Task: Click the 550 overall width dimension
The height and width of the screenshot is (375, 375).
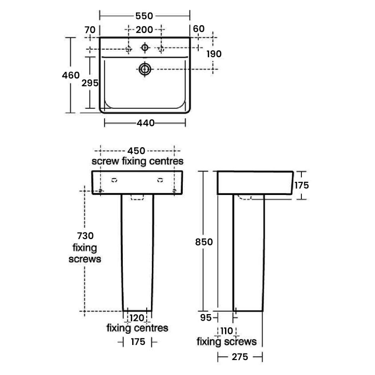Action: pyautogui.click(x=144, y=16)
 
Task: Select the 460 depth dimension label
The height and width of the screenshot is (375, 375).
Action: pyautogui.click(x=73, y=75)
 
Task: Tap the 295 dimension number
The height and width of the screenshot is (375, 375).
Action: pyautogui.click(x=90, y=83)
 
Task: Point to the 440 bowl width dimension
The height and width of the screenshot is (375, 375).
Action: pyautogui.click(x=145, y=123)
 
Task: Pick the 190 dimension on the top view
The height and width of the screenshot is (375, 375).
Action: pyautogui.click(x=214, y=53)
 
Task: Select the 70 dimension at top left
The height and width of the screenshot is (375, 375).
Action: pyautogui.click(x=90, y=30)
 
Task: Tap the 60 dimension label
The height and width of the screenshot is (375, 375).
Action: pyautogui.click(x=199, y=29)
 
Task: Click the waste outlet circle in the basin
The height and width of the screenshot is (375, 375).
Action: pyautogui.click(x=145, y=69)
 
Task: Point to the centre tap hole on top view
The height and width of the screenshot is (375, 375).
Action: pyautogui.click(x=145, y=47)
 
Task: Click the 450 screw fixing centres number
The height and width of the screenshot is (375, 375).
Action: pyautogui.click(x=137, y=150)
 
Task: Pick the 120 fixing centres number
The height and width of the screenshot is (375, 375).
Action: pyautogui.click(x=137, y=318)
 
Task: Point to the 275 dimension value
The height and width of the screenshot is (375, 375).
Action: pyautogui.click(x=239, y=357)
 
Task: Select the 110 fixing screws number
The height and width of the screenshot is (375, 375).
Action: pyautogui.click(x=227, y=331)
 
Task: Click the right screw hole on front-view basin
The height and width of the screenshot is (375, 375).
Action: pyautogui.click(x=174, y=190)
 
